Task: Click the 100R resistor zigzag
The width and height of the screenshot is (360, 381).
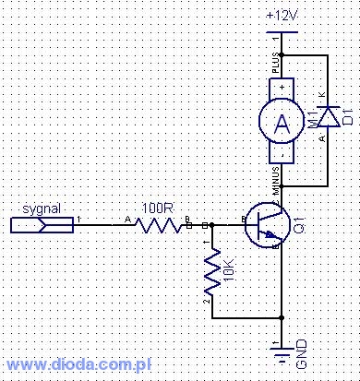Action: click(159, 223)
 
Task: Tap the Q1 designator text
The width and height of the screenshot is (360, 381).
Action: click(301, 224)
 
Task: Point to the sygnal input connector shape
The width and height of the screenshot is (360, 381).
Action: click(41, 223)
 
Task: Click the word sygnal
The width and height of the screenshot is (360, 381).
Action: click(41, 208)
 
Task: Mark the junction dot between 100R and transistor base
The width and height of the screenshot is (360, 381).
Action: click(213, 223)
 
